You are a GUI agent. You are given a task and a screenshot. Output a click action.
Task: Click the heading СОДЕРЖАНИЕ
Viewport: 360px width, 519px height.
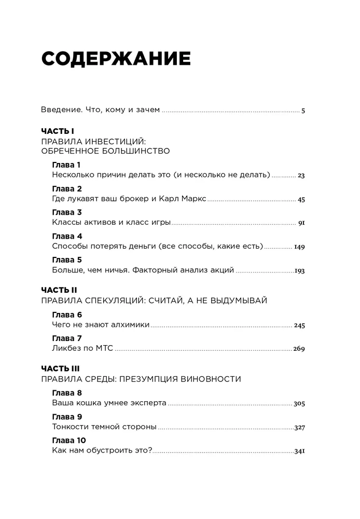coord(116,59)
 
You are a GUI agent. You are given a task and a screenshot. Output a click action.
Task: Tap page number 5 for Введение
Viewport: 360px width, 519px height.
coord(303,111)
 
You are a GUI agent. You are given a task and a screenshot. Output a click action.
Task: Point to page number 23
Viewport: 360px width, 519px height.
coord(301,175)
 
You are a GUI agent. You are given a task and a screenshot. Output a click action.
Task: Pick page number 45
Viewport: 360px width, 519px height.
coord(301,199)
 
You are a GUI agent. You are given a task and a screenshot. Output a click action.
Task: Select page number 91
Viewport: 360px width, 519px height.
coord(301,223)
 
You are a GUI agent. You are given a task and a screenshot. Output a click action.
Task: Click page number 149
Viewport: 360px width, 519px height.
coord(300,247)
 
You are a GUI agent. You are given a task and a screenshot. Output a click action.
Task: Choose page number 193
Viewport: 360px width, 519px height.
coord(300,271)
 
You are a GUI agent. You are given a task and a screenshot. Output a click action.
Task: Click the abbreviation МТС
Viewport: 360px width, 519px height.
coord(103,348)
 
